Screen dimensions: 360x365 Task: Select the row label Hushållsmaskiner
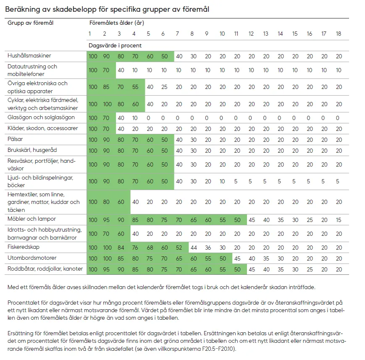(x=29, y=55)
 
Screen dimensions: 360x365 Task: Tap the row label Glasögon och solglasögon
(x=41, y=117)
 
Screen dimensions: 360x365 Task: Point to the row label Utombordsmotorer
(x=32, y=258)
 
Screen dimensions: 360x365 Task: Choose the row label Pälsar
(x=16, y=138)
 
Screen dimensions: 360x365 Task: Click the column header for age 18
(x=339, y=34)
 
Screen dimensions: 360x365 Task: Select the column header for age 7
(x=178, y=34)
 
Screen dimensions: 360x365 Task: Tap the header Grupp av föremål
(x=31, y=23)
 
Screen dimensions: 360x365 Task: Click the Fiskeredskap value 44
(x=193, y=248)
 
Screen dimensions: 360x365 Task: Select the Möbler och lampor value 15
(x=339, y=219)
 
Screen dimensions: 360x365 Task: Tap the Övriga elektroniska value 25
(x=163, y=87)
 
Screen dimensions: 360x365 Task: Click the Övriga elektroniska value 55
(x=134, y=87)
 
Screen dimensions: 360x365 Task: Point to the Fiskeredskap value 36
(x=208, y=248)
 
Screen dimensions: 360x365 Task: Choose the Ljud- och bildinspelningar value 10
(x=222, y=181)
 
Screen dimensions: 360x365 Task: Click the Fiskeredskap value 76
(x=134, y=248)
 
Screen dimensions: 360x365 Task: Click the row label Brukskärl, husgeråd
(x=32, y=150)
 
